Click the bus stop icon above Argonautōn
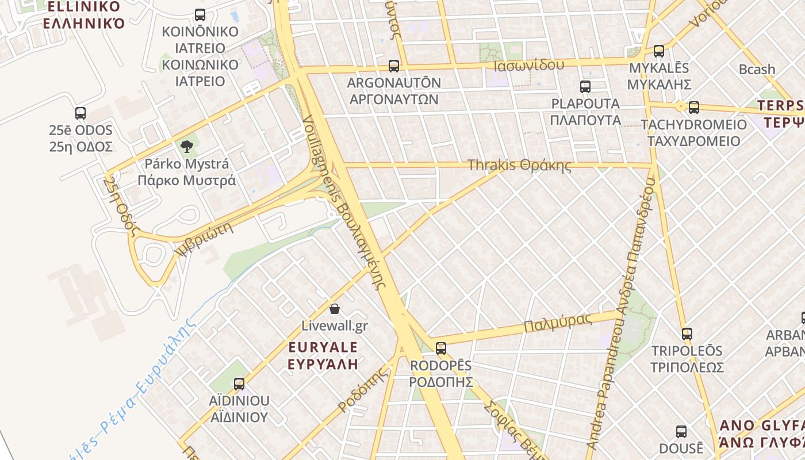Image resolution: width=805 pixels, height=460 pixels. [393, 66]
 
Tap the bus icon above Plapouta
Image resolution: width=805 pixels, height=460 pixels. [585, 87]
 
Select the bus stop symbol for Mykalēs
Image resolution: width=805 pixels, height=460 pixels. [659, 51]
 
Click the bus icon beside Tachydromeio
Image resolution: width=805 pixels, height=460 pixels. [694, 107]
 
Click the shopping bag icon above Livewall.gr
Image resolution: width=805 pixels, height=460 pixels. [335, 309]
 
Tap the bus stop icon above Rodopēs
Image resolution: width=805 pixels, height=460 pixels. [441, 348]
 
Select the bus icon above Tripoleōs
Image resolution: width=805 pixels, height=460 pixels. [687, 333]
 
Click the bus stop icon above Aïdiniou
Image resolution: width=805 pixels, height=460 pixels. [239, 384]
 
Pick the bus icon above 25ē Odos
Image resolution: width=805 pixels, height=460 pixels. [80, 113]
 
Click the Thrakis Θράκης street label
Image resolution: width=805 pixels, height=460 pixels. [519, 166]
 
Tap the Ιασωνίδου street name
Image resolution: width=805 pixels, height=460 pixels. [528, 65]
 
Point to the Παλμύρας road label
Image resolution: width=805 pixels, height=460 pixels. [557, 323]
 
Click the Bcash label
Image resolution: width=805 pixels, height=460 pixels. [757, 70]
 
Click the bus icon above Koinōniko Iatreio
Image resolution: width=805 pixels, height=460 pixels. [200, 15]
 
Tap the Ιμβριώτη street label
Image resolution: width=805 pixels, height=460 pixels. [206, 240]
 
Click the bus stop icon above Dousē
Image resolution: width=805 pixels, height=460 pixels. [681, 431]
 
